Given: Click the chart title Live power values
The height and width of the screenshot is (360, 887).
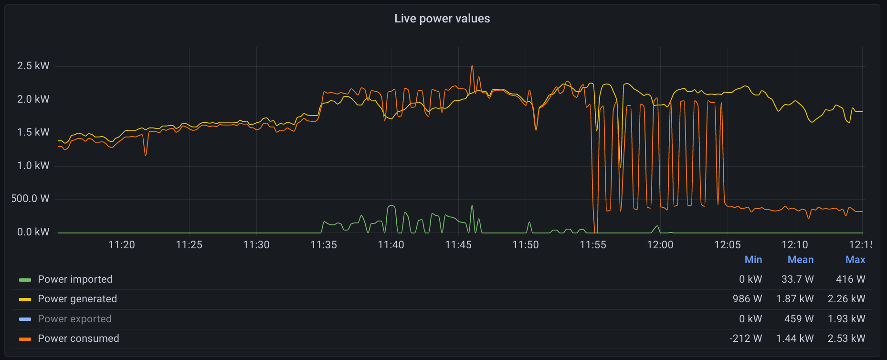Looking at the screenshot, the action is pos(442,19).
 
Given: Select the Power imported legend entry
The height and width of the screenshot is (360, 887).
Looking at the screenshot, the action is pos(75,279).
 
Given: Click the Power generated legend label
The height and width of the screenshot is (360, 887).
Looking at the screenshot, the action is pos(77,299).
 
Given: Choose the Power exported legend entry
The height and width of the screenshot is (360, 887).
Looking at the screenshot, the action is pos(74,319).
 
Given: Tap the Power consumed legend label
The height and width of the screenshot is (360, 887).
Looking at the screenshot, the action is pos(78,339).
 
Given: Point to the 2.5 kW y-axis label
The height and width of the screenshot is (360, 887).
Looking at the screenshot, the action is pos(33,66).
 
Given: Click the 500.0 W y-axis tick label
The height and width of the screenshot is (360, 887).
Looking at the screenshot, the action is pos(31,199).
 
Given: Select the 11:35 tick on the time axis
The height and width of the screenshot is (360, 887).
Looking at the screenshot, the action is pos(324,245).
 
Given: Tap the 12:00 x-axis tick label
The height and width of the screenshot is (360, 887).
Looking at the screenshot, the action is pos(660,245).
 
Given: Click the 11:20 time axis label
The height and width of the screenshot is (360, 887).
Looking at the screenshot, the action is pos(122,245).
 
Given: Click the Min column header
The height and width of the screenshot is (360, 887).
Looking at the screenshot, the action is pos(753,260).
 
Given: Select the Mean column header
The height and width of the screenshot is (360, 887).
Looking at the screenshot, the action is pos(801,260).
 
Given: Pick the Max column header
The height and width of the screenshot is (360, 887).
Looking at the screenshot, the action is pos(855,260).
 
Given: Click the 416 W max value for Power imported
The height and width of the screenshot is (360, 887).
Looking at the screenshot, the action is pos(851,279).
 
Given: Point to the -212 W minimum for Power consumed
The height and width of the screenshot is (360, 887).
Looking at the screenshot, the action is pos(746,339).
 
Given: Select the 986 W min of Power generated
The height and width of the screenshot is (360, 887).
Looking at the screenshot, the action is pos(748,299).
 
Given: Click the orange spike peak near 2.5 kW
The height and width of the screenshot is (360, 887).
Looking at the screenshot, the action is pos(472,66).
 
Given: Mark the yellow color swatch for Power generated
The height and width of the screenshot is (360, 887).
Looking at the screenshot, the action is pos(25,300).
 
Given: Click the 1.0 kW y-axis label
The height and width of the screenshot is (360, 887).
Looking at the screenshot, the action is pos(33,166).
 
